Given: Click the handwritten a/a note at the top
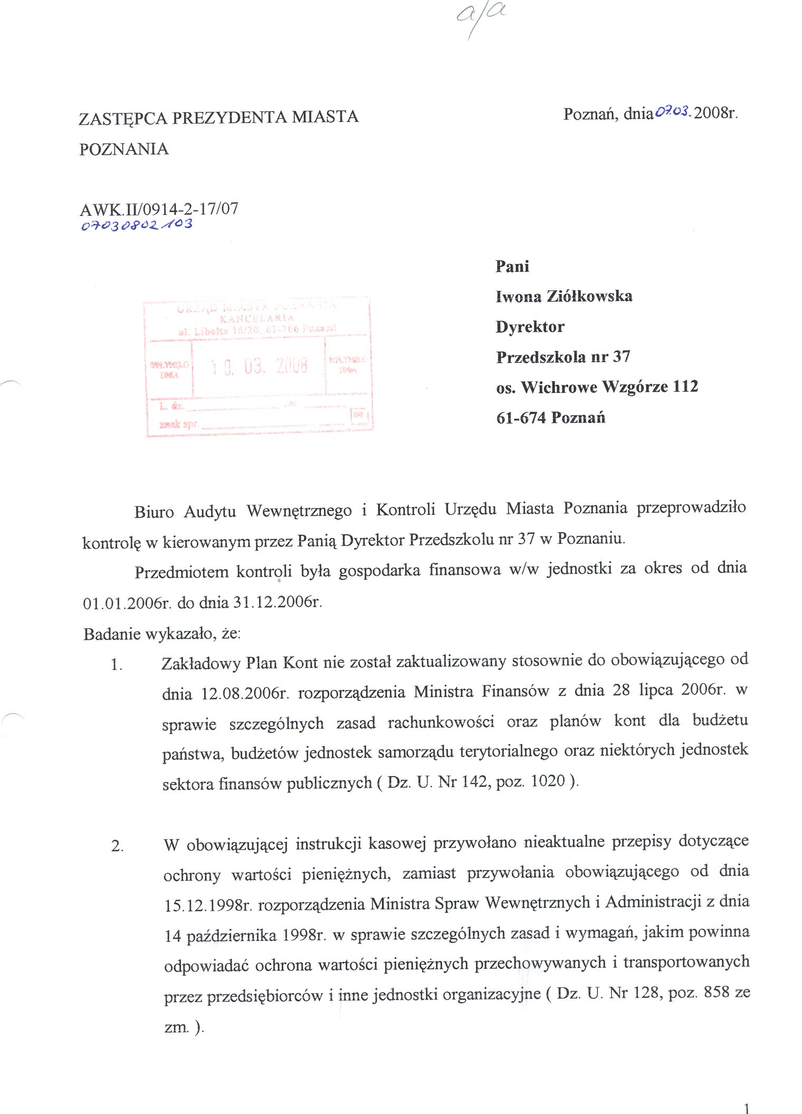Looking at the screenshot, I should point(480,18).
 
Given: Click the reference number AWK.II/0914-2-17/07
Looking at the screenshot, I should point(159,209).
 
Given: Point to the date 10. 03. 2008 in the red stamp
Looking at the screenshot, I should point(259,366).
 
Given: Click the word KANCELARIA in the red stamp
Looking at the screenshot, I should point(256,318).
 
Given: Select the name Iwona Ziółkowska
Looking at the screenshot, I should point(564,296).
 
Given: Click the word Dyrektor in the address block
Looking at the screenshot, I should point(530,327).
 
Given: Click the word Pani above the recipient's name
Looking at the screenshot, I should point(512,266).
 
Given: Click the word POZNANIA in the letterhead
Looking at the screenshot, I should point(124,149).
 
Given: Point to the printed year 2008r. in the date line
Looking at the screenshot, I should point(715,113).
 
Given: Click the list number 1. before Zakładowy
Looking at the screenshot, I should point(117,665).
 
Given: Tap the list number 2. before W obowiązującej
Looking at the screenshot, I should point(117,846).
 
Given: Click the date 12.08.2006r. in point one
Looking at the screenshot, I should point(245,693).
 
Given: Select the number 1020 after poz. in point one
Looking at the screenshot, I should point(548,781).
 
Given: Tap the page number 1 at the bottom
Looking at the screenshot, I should point(746,1108).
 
